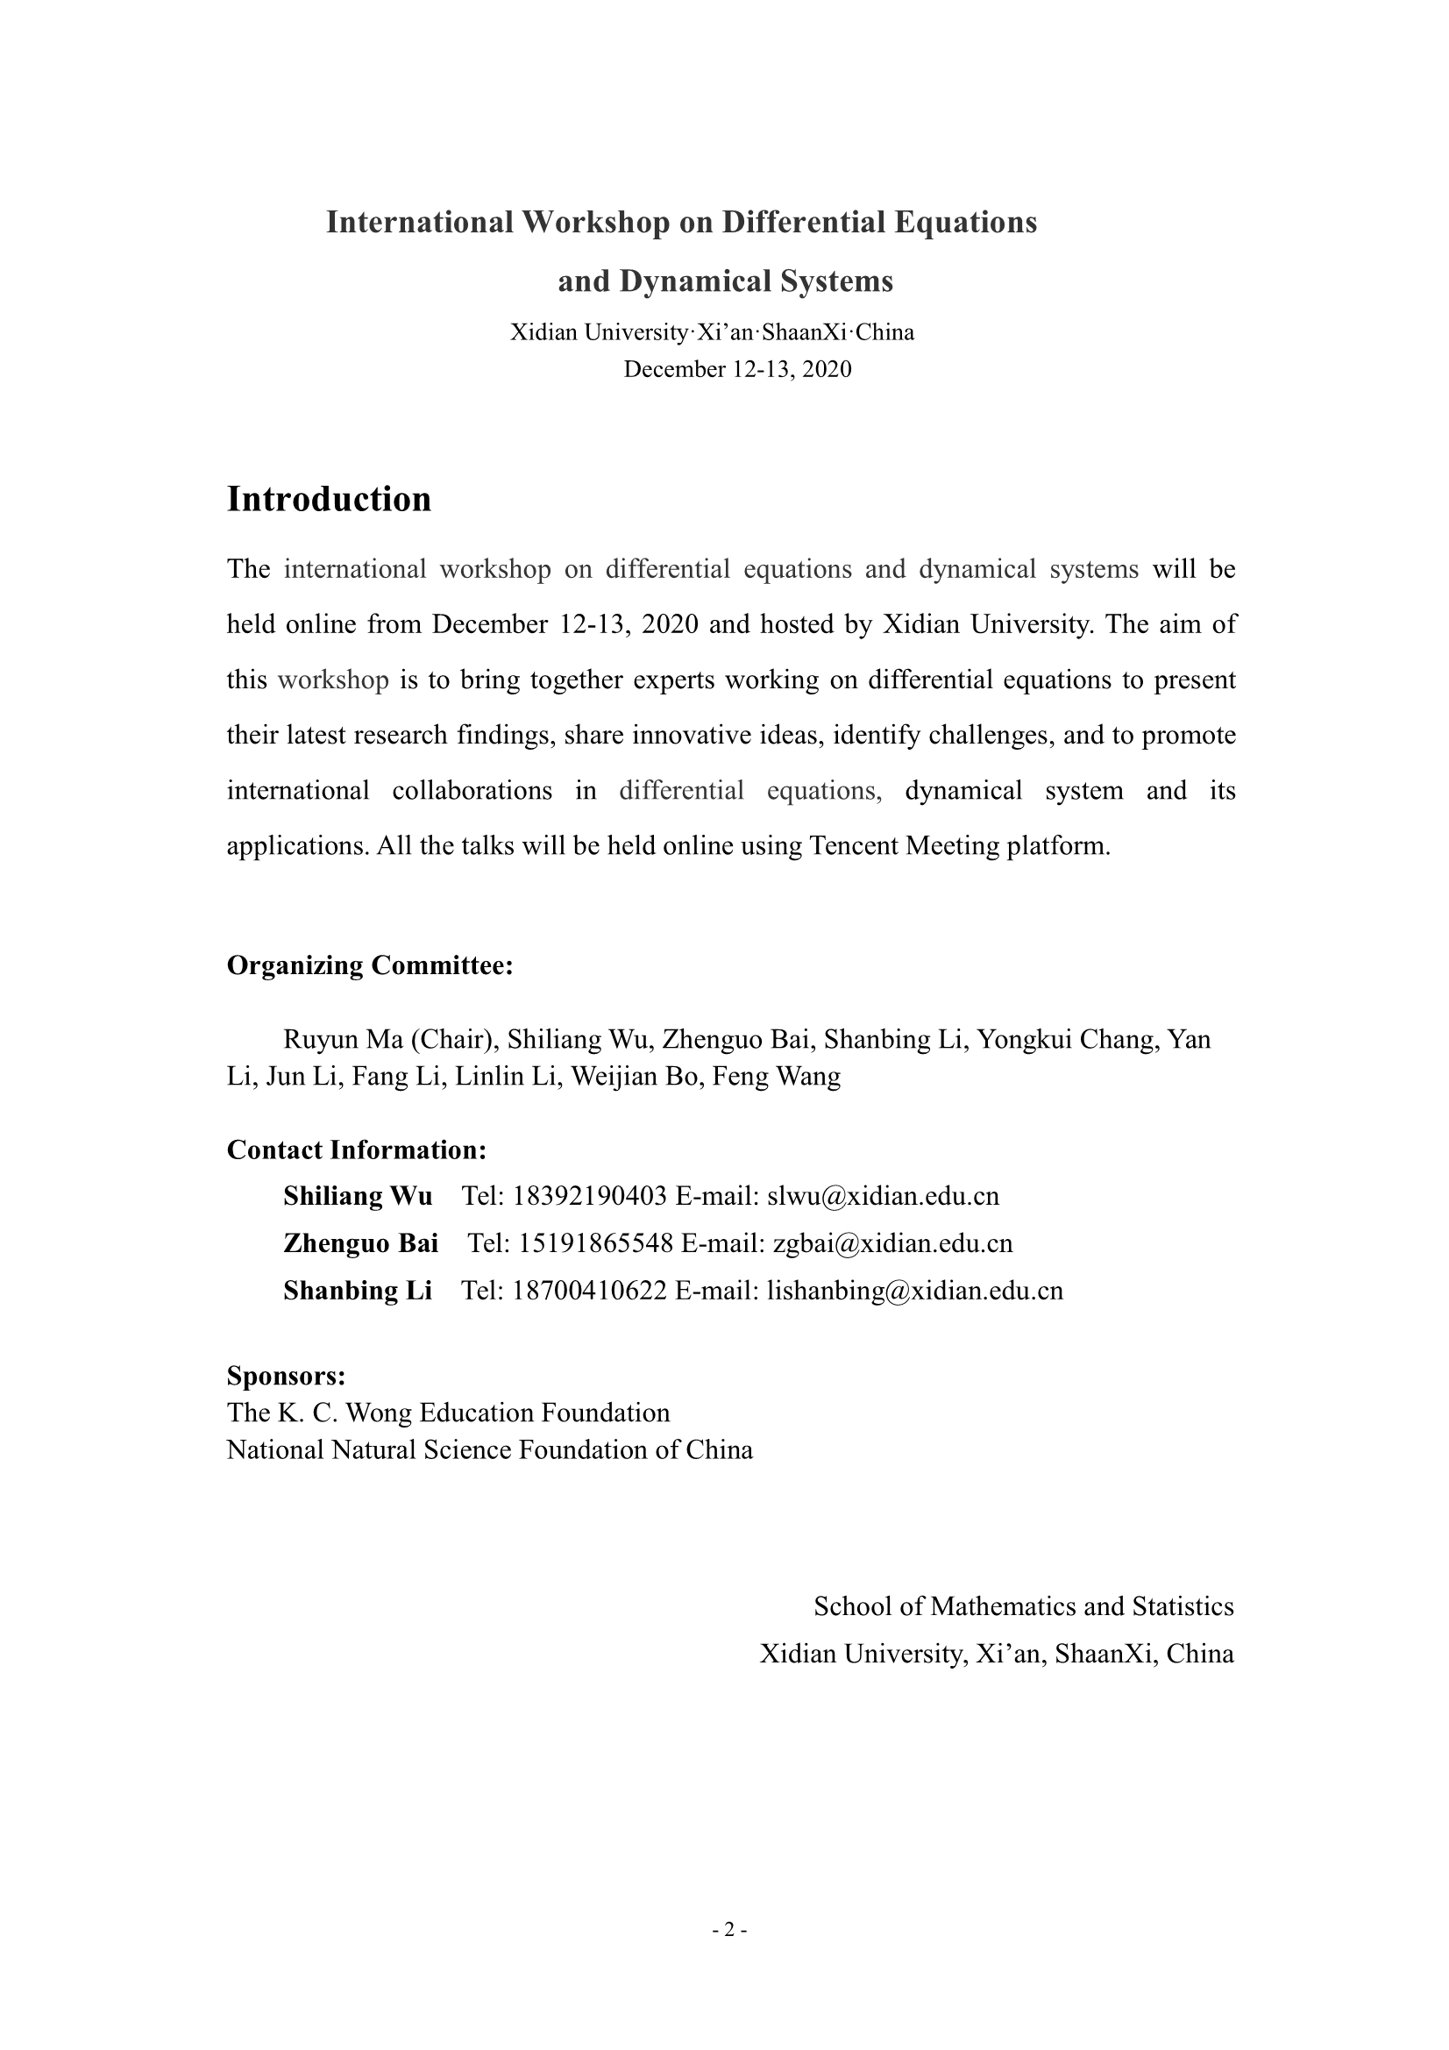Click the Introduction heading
coord(329,499)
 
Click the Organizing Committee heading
coord(370,965)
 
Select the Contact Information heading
coord(356,1150)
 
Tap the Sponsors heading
coord(286,1375)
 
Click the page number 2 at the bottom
coord(728,1930)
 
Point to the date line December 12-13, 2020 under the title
coord(736,369)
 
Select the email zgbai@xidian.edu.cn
coord(892,1242)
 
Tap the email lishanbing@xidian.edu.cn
coord(915,1290)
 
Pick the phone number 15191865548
coord(595,1242)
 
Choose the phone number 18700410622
coord(590,1290)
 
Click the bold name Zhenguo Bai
coord(360,1242)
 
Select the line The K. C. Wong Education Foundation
coord(448,1412)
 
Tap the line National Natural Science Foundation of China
coord(489,1449)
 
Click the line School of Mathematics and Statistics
coord(1023,1606)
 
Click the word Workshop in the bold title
coord(595,222)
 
